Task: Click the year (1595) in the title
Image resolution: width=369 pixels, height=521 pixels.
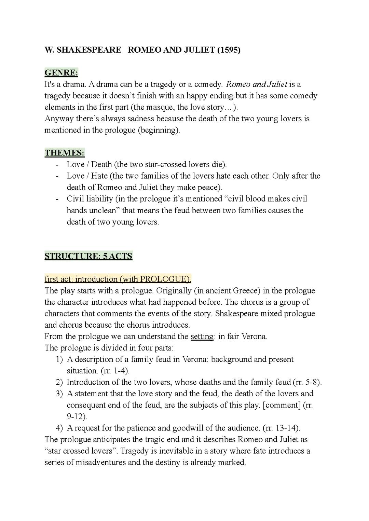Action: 229,50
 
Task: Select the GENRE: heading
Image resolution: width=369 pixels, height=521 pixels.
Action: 61,73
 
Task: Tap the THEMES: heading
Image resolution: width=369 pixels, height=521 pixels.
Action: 65,153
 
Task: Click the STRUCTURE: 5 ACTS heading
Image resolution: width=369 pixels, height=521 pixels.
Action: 88,256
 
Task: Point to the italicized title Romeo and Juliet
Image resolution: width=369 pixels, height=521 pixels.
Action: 257,84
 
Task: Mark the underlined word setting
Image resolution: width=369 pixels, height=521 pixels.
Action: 202,337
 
